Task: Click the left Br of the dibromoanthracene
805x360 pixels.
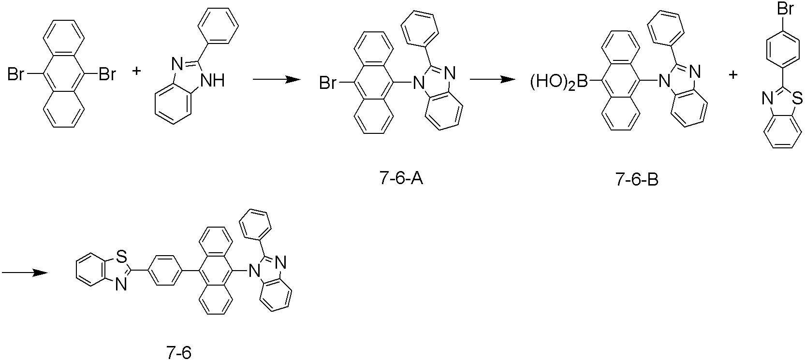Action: pyautogui.click(x=16, y=75)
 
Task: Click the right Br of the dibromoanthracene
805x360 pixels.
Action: pyautogui.click(x=107, y=75)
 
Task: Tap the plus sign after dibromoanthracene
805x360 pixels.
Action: pyautogui.click(x=136, y=71)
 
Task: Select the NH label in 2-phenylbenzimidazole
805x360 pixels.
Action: pyautogui.click(x=212, y=80)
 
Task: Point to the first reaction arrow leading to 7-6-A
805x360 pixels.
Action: pyautogui.click(x=277, y=80)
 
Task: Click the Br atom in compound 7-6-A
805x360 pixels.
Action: pyautogui.click(x=328, y=84)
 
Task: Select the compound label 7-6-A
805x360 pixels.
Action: pyautogui.click(x=401, y=179)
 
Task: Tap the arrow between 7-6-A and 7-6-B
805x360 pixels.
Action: pyautogui.click(x=493, y=79)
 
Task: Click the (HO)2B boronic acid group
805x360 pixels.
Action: pyautogui.click(x=559, y=82)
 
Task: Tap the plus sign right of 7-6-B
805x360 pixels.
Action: pyautogui.click(x=733, y=75)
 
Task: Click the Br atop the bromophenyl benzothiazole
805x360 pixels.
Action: pyautogui.click(x=785, y=8)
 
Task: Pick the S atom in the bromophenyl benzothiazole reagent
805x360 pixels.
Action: pyautogui.click(x=797, y=97)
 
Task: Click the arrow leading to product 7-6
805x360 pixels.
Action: pyautogui.click(x=25, y=273)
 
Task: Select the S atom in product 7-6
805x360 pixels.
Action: pyautogui.click(x=121, y=258)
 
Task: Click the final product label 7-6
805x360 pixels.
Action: pyautogui.click(x=179, y=353)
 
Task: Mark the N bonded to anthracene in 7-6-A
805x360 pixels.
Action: pyautogui.click(x=418, y=84)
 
